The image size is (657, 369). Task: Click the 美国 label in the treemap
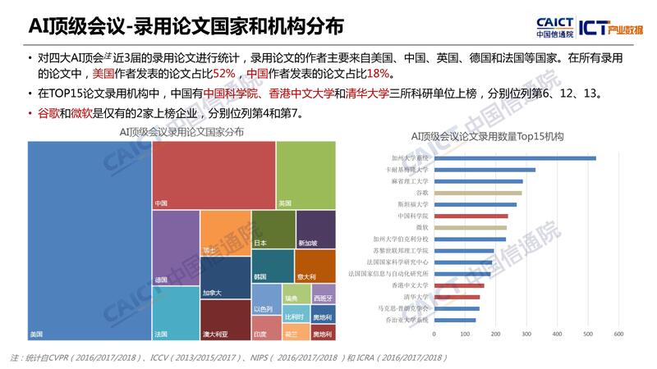point(37,335)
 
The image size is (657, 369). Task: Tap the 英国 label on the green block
point(285,203)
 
